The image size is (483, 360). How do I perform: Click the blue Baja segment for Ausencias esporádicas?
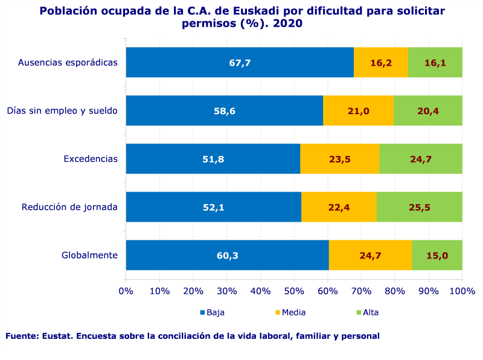point(240,62)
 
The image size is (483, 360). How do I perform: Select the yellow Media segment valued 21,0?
point(358,111)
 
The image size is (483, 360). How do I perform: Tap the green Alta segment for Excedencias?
point(420,159)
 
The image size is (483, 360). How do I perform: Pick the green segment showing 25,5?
point(419,207)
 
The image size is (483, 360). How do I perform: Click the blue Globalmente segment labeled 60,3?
point(227,256)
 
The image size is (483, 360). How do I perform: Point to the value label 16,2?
point(381,62)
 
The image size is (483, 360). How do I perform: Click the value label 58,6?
point(224,111)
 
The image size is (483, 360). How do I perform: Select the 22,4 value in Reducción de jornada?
point(339,207)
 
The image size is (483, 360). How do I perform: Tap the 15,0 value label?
point(437,256)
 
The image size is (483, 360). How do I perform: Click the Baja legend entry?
point(212,312)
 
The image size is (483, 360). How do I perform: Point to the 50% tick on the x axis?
point(294,292)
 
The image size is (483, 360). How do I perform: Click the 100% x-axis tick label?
point(462,292)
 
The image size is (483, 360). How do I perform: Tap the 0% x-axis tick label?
point(126,292)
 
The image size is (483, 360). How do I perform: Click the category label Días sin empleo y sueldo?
point(62,111)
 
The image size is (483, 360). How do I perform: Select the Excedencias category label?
point(91,159)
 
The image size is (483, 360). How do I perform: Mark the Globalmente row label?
point(89,256)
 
